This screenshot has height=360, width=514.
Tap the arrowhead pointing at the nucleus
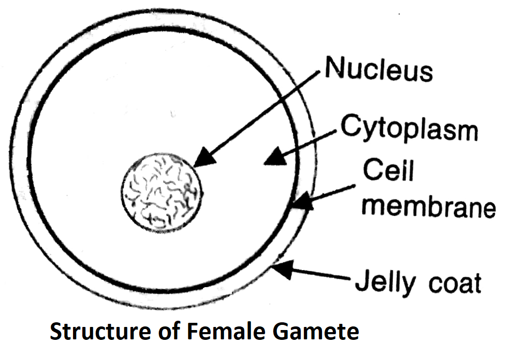click(204, 157)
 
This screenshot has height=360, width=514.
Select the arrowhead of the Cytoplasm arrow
click(274, 156)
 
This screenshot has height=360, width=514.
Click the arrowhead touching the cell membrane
click(302, 201)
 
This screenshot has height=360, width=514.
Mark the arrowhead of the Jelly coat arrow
click(280, 269)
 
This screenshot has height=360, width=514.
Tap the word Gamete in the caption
click(315, 331)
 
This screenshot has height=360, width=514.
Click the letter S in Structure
click(56, 331)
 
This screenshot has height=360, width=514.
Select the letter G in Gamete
click(282, 331)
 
